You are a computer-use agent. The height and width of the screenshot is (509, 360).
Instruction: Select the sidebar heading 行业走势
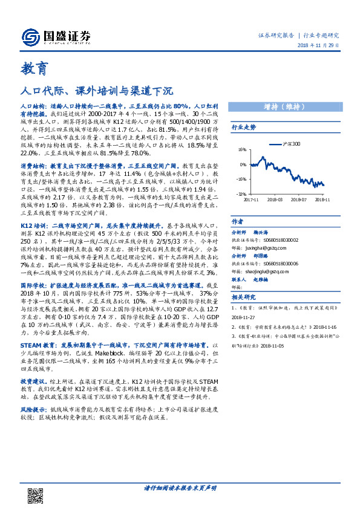(x=244, y=128)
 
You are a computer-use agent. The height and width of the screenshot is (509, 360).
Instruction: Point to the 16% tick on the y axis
(x=241, y=149)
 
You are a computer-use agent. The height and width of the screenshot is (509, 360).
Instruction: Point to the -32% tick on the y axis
(x=241, y=193)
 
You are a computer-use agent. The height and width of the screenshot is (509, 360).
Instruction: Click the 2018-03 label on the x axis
(x=274, y=199)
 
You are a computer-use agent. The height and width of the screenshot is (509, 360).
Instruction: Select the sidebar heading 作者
(x=238, y=221)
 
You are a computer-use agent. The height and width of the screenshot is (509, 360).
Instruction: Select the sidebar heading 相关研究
(x=244, y=297)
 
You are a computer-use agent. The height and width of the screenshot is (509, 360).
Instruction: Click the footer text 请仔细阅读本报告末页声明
(x=180, y=488)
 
